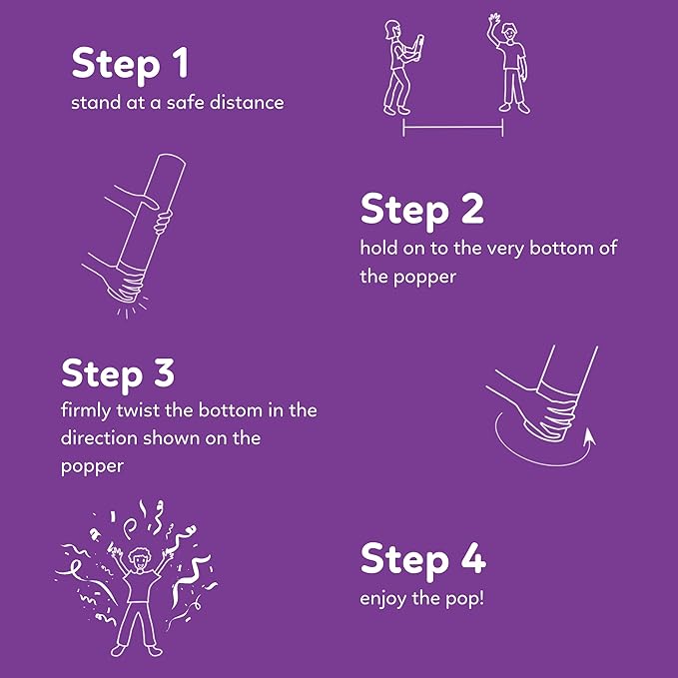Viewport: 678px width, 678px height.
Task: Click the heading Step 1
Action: point(130,64)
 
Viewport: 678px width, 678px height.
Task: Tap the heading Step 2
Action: point(421,209)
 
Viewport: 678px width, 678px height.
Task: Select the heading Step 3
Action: point(118,372)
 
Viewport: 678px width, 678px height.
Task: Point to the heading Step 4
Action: point(423,559)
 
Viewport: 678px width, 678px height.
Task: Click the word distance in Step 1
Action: point(247,103)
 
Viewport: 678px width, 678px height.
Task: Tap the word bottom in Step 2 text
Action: point(560,249)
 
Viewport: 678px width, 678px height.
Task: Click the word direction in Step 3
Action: point(99,438)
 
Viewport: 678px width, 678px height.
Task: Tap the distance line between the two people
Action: point(452,127)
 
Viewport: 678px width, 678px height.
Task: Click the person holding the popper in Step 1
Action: point(400,68)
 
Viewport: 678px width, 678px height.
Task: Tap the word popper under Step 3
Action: point(92,467)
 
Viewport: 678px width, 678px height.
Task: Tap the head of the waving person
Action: point(510,32)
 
